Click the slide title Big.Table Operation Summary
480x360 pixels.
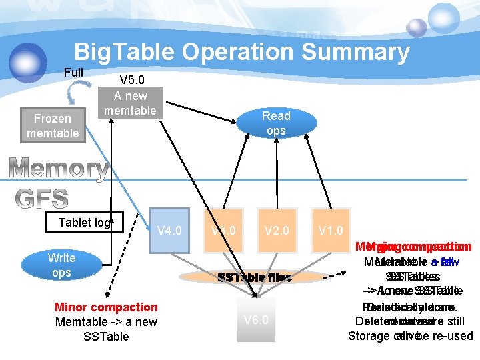241,51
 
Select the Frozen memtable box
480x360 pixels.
53,125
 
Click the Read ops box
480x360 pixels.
276,123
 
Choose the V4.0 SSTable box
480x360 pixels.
169,231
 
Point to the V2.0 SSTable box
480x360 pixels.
277,231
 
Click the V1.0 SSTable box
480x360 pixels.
331,231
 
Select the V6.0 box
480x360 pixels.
256,319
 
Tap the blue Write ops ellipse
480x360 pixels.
61,265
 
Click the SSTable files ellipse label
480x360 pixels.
255,277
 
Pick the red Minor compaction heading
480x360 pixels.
106,307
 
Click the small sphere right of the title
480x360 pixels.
417,27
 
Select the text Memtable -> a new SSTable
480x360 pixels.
106,329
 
